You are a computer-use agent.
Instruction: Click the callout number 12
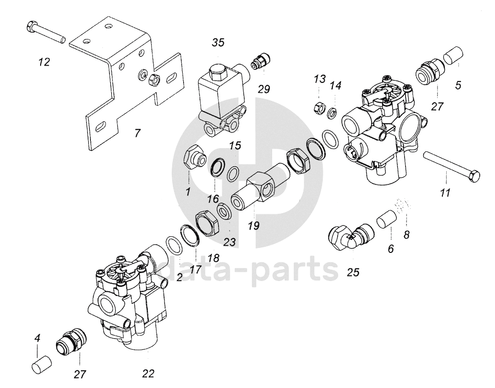coord(44,62)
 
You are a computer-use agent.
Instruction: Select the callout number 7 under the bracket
coord(137,133)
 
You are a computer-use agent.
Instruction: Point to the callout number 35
coord(218,42)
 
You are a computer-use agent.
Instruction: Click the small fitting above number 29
coord(261,61)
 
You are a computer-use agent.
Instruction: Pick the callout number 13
coord(319,79)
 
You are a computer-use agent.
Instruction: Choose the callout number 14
coord(336,85)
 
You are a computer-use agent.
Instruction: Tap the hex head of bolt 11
coord(474,176)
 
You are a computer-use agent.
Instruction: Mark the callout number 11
coord(445,193)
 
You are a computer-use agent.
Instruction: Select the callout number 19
coord(253,226)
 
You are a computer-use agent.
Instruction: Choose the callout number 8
coord(407,235)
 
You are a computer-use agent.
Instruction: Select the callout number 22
coord(148,374)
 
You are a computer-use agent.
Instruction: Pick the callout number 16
coord(213,199)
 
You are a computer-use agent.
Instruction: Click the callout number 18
coord(213,258)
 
